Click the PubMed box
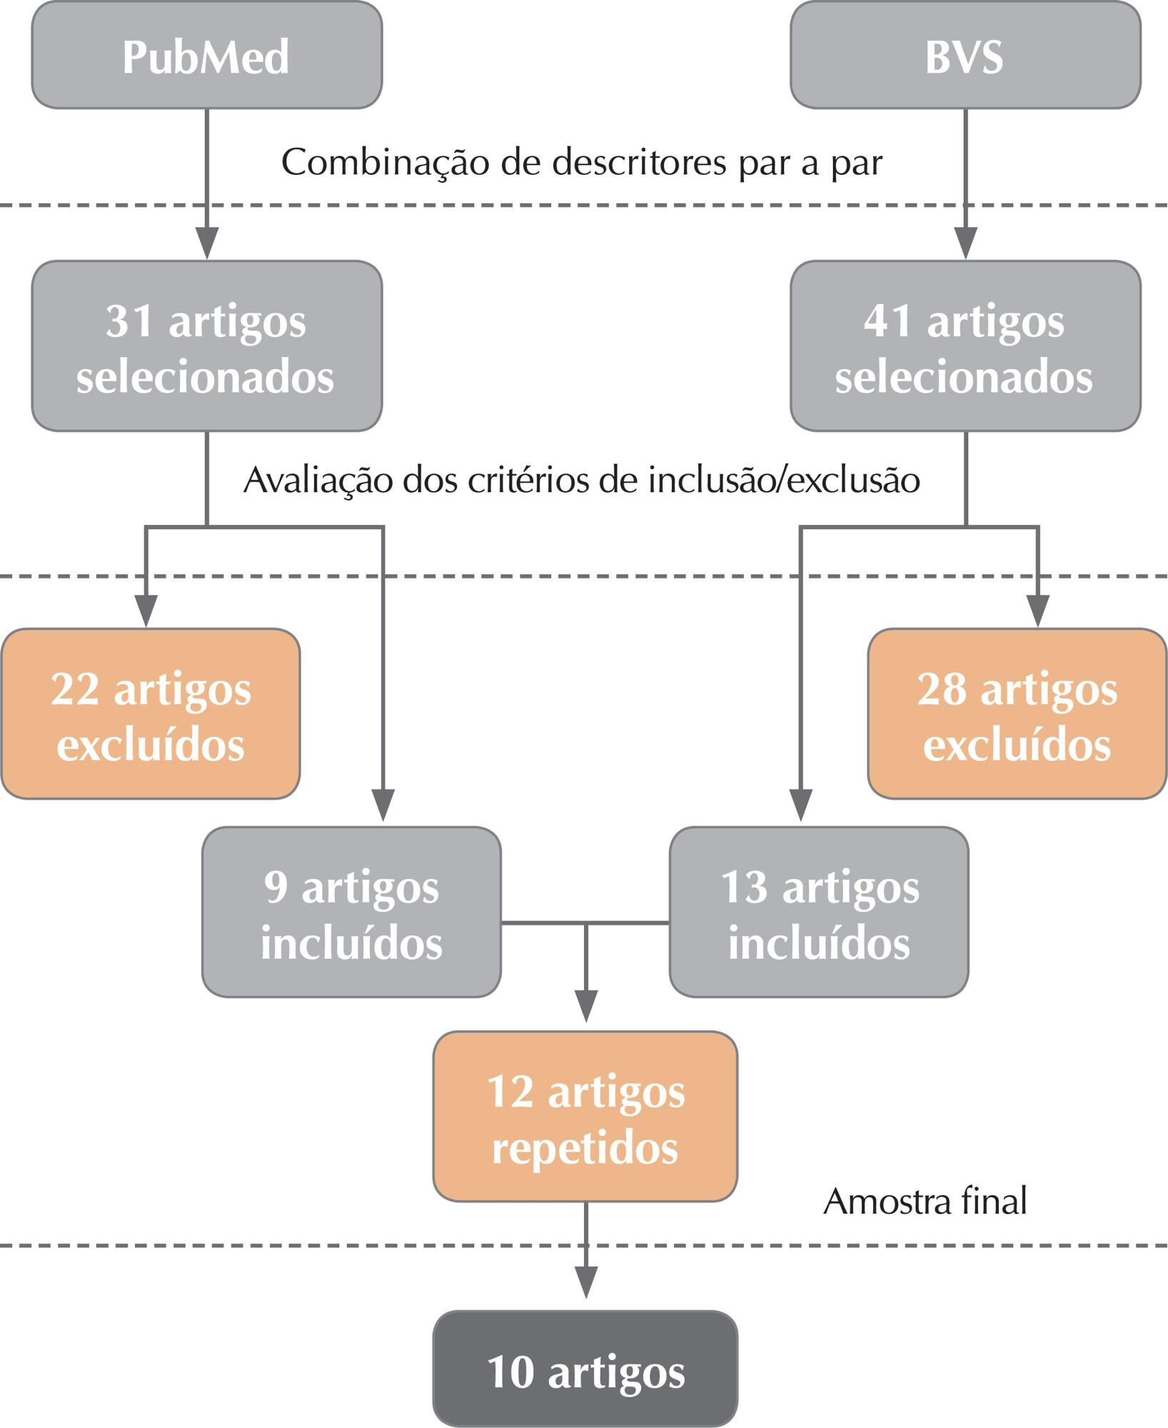pos(207,55)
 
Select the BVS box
pos(965,55)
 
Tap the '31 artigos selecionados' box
pos(207,346)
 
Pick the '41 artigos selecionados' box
pos(965,346)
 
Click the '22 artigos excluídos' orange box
pos(150,714)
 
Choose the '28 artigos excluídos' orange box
pos(1017,714)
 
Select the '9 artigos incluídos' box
pos(351,912)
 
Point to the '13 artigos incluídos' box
pos(819,912)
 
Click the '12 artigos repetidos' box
pos(585,1117)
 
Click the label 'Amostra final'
pos(925,1201)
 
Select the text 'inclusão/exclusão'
pos(784,480)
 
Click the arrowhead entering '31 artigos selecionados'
pos(207,244)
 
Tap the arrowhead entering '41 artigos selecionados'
pos(966,244)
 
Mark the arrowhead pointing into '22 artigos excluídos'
pos(146,612)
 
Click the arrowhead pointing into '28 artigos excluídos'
pos(1037,612)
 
